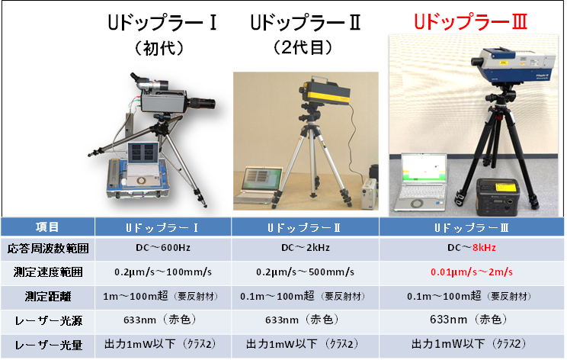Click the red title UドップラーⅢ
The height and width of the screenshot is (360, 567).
pos(470,21)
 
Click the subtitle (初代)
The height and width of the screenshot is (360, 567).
pos(159,48)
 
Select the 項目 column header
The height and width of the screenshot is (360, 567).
pos(47,227)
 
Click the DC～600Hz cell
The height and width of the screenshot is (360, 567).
pos(163,248)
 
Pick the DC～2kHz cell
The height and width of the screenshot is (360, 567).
pos(306,248)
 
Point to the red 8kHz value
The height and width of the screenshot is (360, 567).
pos(484,248)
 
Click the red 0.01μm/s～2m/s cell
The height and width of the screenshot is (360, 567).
pos(472,272)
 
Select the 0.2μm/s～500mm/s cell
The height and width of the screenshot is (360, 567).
pos(305,272)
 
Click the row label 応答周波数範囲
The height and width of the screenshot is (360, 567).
pos(48,248)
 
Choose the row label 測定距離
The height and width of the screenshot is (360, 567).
pos(48,297)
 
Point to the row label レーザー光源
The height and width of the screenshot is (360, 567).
pos(48,320)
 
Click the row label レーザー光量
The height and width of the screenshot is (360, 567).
pos(48,345)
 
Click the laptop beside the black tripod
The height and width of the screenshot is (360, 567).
pos(421,182)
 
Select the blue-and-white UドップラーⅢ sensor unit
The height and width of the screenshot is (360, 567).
pos(513,64)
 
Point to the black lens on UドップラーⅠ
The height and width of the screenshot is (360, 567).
pos(202,103)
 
